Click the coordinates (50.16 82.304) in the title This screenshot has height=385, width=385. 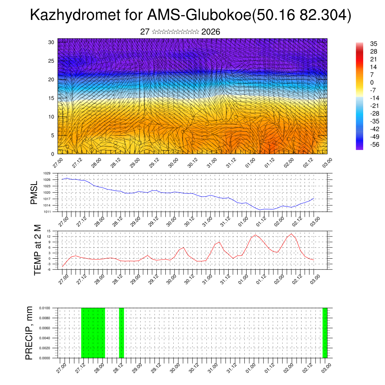pyautogui.click(x=300, y=16)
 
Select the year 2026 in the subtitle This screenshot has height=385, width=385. pyautogui.click(x=211, y=32)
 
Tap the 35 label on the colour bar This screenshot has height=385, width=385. pyautogui.click(x=374, y=44)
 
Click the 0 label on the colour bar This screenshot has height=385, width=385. pyautogui.click(x=372, y=82)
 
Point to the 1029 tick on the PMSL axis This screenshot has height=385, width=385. pyautogui.click(x=47, y=173)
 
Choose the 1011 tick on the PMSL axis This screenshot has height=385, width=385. pyautogui.click(x=47, y=212)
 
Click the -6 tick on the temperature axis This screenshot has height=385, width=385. pyautogui.click(x=49, y=270)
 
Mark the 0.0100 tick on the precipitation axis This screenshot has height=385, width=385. pyautogui.click(x=45, y=308)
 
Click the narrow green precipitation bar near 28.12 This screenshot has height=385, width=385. pyautogui.click(x=121, y=333)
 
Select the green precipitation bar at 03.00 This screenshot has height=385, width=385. pyautogui.click(x=325, y=333)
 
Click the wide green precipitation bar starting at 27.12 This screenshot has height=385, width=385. pyautogui.click(x=93, y=333)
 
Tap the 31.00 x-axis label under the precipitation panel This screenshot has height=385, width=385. pyautogui.click(x=212, y=367)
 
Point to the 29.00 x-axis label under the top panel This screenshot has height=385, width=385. pyautogui.click(x=135, y=163)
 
